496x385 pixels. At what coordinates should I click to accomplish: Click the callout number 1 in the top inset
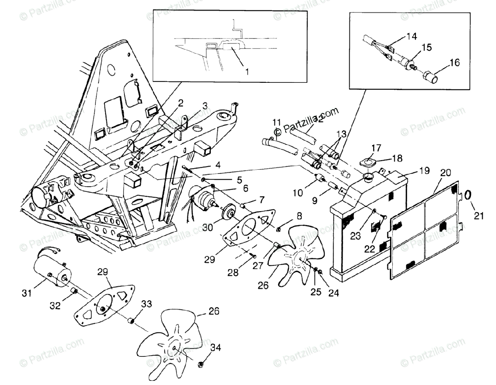coord(247,72)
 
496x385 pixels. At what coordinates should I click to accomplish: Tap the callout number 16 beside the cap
coord(454,63)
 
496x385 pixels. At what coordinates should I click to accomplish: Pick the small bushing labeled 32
coord(74,292)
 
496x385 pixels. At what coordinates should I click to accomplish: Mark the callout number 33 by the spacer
coord(146,304)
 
